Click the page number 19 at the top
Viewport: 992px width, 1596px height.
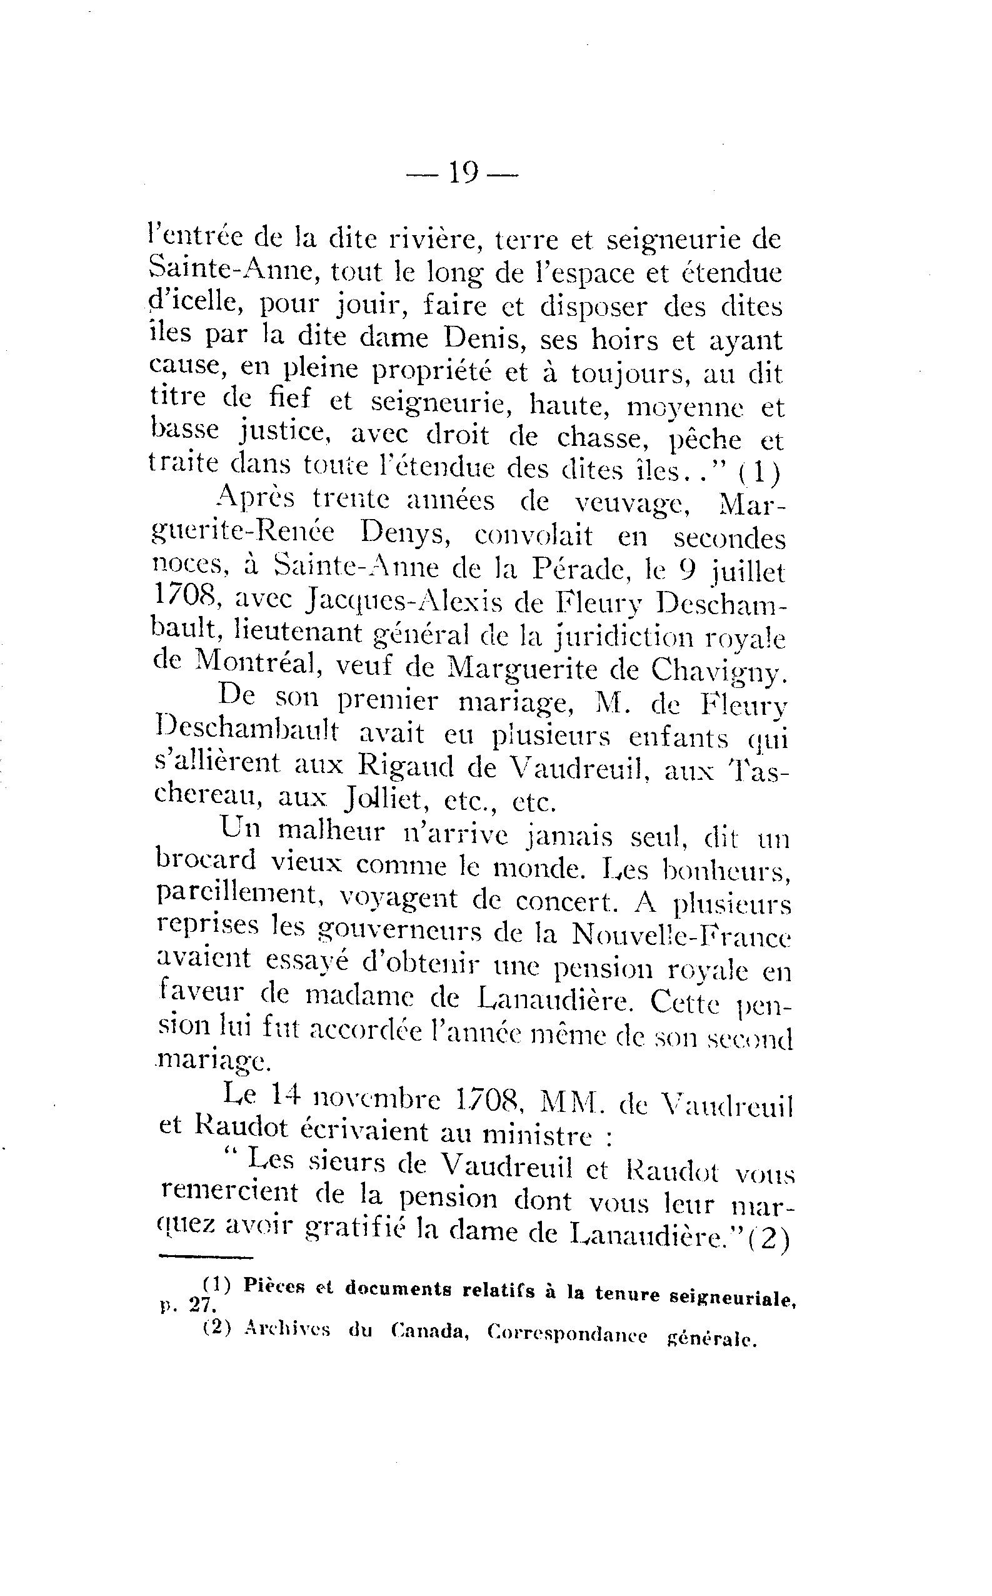click(x=463, y=174)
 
